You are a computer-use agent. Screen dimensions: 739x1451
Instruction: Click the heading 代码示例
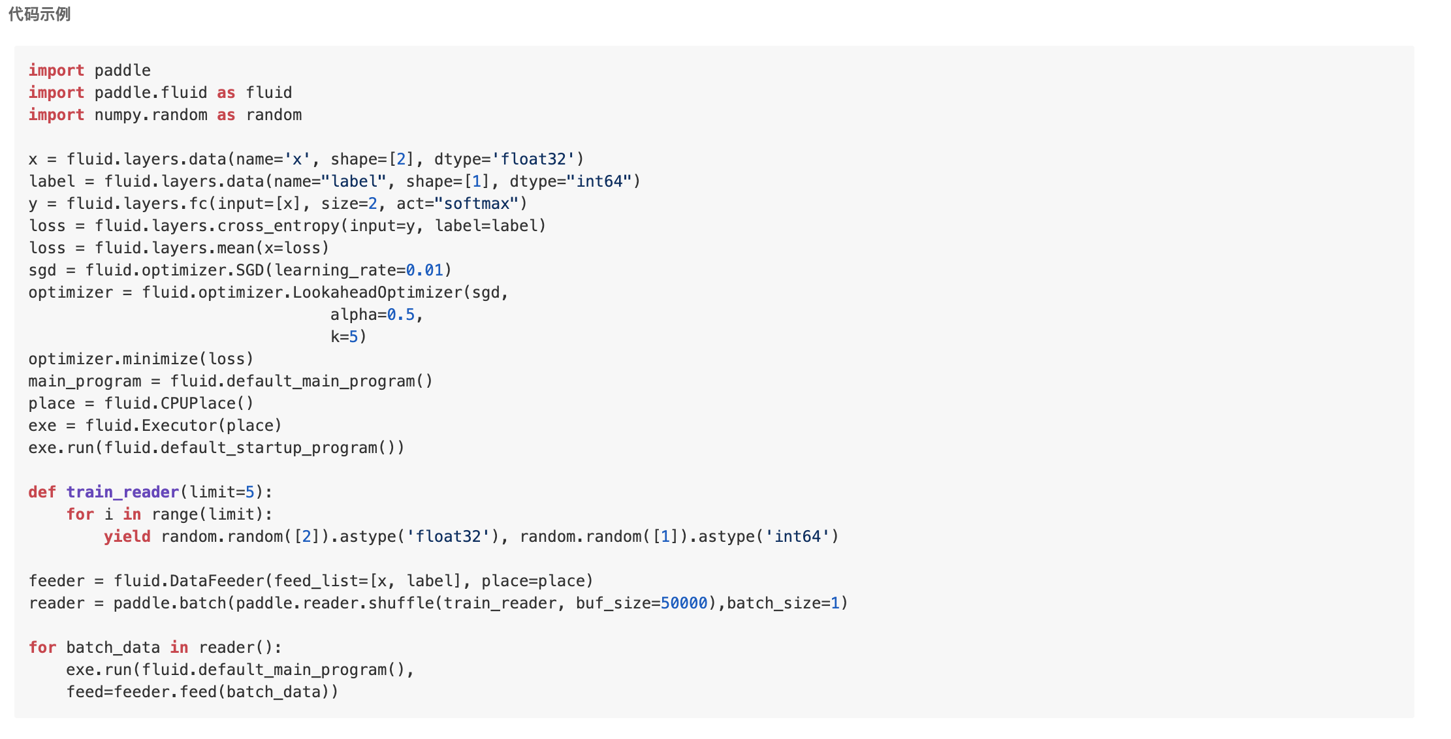pyautogui.click(x=39, y=14)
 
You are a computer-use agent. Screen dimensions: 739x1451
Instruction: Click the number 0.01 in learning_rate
pyautogui.click(x=424, y=270)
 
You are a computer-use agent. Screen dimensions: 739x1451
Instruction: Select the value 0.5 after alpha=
pyautogui.click(x=400, y=315)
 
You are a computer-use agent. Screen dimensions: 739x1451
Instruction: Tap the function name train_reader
pyautogui.click(x=122, y=492)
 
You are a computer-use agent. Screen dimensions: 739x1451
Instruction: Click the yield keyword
pyautogui.click(x=127, y=537)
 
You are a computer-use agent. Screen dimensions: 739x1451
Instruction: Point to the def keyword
pyautogui.click(x=42, y=492)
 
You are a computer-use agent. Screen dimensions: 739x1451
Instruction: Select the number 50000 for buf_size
pyautogui.click(x=684, y=603)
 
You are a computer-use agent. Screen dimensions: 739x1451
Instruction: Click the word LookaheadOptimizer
pyautogui.click(x=377, y=292)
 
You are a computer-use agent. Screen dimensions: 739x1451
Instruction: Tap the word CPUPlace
pyautogui.click(x=198, y=403)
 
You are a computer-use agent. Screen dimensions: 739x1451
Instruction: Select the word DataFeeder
pyautogui.click(x=216, y=581)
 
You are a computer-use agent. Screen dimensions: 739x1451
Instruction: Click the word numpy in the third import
pyautogui.click(x=118, y=115)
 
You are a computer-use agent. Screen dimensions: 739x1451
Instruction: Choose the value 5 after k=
pyautogui.click(x=353, y=337)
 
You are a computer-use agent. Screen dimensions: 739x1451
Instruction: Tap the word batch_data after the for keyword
pyautogui.click(x=113, y=648)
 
